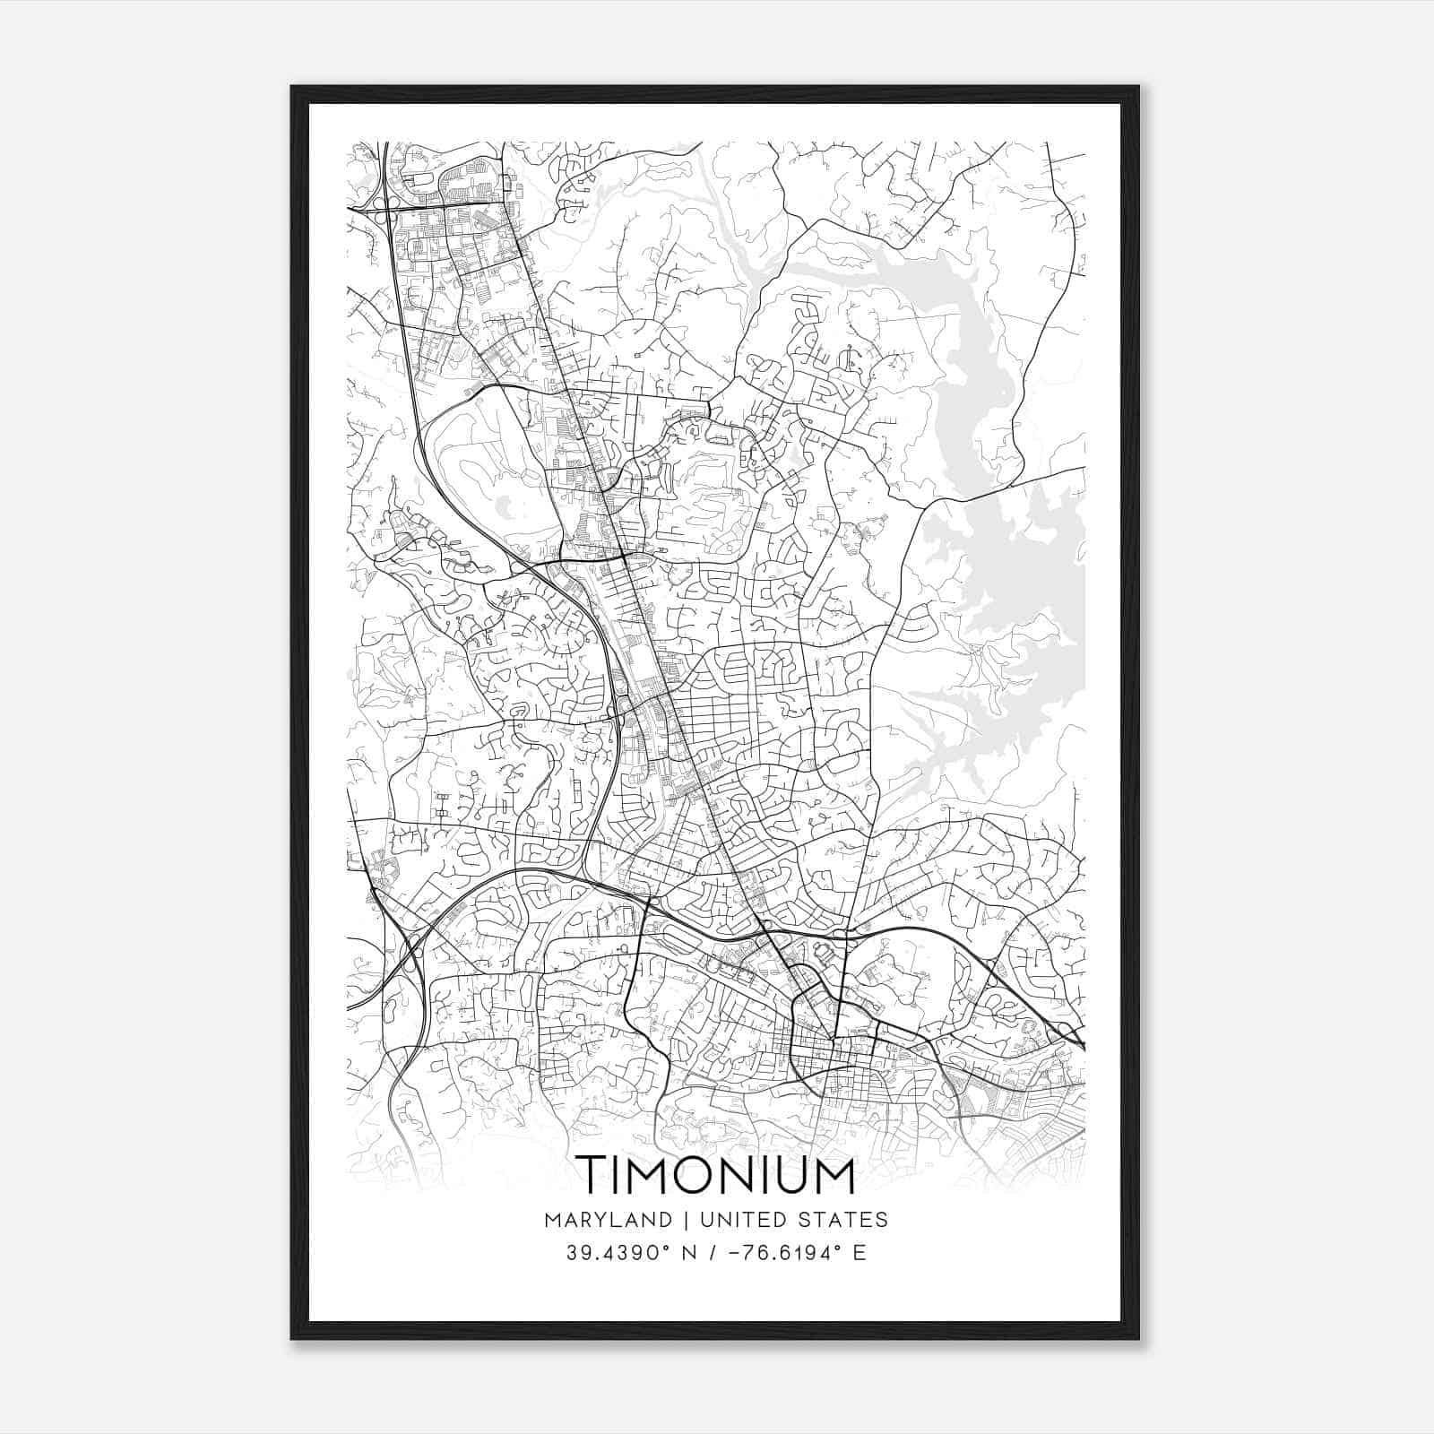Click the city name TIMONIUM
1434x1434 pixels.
point(715,1175)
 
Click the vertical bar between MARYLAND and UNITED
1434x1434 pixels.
point(686,1220)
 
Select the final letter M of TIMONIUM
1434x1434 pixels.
point(834,1175)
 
